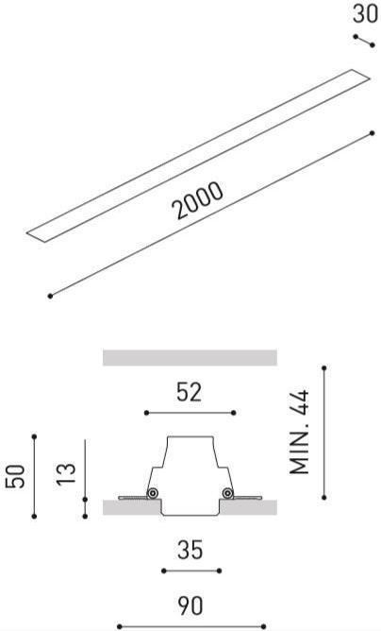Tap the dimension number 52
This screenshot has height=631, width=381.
190,393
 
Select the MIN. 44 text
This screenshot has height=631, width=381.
301,434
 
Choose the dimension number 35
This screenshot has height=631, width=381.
190,551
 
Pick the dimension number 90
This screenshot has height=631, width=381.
190,605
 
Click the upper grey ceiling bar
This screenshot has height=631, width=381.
190,358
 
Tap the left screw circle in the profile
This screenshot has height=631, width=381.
152,493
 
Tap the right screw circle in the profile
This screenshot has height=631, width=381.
227,493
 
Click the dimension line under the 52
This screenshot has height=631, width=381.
190,413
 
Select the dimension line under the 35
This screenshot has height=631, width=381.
190,571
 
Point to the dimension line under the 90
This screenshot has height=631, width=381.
190,625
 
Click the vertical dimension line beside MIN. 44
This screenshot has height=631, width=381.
323,432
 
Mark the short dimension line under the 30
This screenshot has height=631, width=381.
364,40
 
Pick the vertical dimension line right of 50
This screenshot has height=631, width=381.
34,476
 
